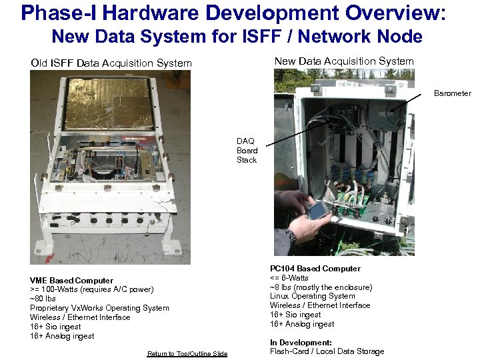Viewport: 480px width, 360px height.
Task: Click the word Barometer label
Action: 452,93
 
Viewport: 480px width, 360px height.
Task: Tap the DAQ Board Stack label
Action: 246,151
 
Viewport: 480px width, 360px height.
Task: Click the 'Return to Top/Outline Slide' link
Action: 187,353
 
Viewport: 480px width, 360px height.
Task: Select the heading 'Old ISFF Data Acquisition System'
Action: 111,63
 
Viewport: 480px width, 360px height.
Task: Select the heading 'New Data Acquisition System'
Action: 344,61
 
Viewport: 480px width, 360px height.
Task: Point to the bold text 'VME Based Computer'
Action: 71,281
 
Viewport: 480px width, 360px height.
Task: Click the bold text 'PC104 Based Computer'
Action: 315,269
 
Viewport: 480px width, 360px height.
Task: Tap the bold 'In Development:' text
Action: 301,343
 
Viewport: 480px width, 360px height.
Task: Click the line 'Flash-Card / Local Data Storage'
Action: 327,351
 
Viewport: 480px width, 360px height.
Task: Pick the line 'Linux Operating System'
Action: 312,296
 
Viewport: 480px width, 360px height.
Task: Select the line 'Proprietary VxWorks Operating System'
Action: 99,308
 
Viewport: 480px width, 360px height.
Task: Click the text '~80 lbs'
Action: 43,299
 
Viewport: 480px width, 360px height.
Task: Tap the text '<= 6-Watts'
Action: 289,278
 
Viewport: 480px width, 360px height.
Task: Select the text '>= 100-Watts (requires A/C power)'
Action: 91,289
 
